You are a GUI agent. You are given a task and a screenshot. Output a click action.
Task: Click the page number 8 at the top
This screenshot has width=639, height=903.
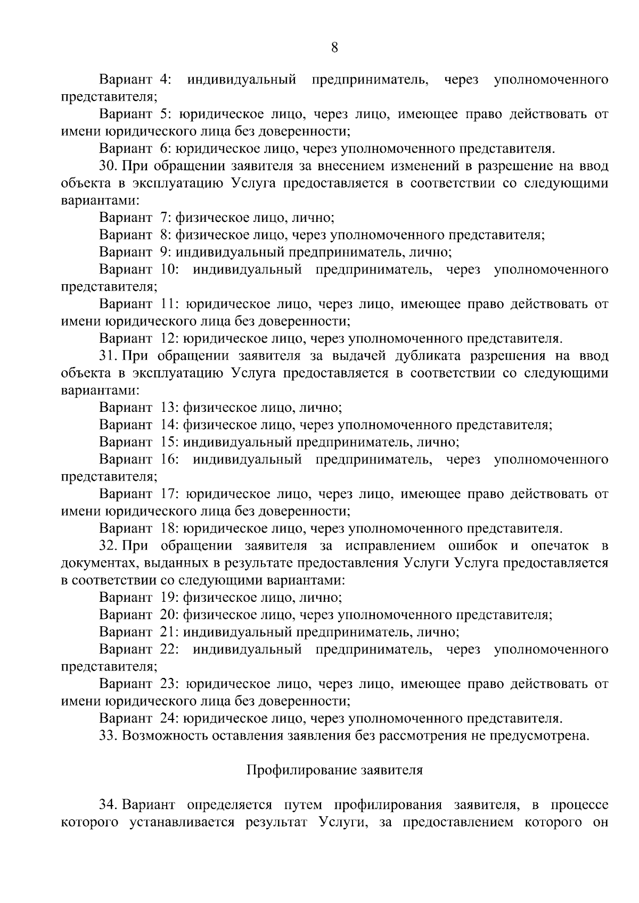pyautogui.click(x=334, y=48)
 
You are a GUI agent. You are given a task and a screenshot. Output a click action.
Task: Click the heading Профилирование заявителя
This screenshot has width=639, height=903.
pyautogui.click(x=335, y=770)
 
